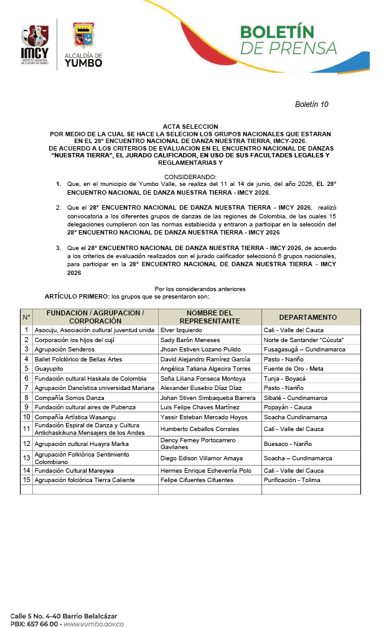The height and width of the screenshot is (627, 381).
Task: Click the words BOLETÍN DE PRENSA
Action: tap(288, 40)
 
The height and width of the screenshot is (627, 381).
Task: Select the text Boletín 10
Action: tap(311, 104)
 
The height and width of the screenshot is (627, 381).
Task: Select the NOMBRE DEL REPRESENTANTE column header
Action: tap(209, 317)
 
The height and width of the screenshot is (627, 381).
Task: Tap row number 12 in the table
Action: tap(27, 444)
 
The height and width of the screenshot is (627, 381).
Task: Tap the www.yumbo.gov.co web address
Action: tap(93, 623)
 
